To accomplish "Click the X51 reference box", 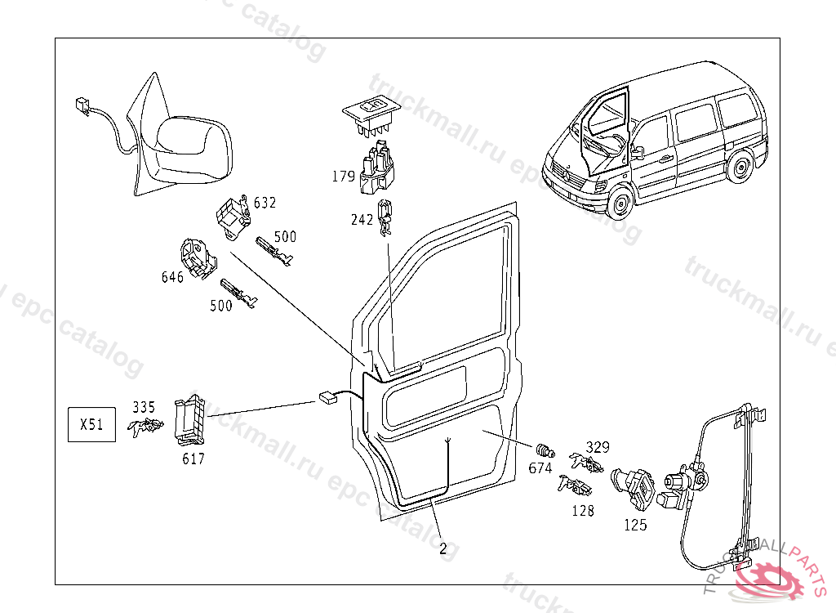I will [91, 425].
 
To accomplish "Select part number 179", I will [343, 175].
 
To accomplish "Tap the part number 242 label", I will [362, 220].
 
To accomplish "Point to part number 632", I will [265, 202].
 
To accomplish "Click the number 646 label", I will [172, 277].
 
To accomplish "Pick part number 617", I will [193, 459].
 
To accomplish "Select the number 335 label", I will [144, 406].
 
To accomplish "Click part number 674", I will [540, 468].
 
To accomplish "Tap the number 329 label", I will [598, 447].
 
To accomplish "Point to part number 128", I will [583, 511].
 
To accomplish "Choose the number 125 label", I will [635, 525].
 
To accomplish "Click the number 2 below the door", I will [442, 549].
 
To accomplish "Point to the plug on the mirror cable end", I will [81, 104].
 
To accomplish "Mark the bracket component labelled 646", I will [197, 257].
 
